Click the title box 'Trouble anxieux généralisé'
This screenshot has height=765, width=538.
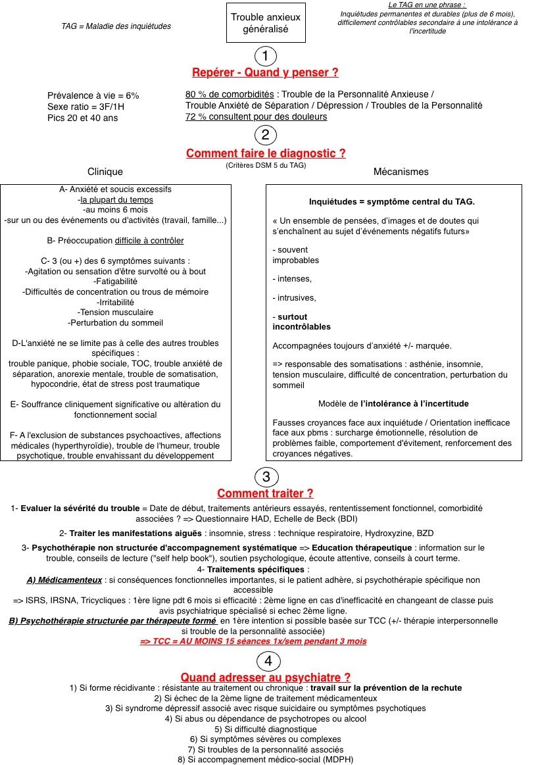[x=265, y=23]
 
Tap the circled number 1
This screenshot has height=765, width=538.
[x=265, y=56]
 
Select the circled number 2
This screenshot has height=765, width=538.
[x=266, y=136]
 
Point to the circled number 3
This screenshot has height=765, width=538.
[x=265, y=476]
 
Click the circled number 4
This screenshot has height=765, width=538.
[x=265, y=660]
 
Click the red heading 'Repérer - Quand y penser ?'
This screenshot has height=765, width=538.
[x=265, y=72]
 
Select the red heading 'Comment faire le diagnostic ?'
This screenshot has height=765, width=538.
[x=266, y=153]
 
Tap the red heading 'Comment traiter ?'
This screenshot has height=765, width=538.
[x=265, y=493]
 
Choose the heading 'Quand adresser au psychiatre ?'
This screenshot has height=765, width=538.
[x=265, y=677]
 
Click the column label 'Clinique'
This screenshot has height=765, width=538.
[x=105, y=172]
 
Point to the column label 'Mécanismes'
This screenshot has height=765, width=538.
[x=401, y=172]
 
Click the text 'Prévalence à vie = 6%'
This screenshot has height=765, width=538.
[x=93, y=95]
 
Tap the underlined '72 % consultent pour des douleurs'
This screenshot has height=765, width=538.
[x=256, y=116]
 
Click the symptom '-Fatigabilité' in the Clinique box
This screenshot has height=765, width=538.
[x=115, y=281]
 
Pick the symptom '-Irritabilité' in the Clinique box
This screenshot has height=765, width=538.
[x=115, y=302]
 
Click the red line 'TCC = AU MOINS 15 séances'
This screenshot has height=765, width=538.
[x=253, y=641]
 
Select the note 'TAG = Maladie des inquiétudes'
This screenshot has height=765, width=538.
[x=116, y=26]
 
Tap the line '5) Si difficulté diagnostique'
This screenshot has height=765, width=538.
[x=265, y=729]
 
